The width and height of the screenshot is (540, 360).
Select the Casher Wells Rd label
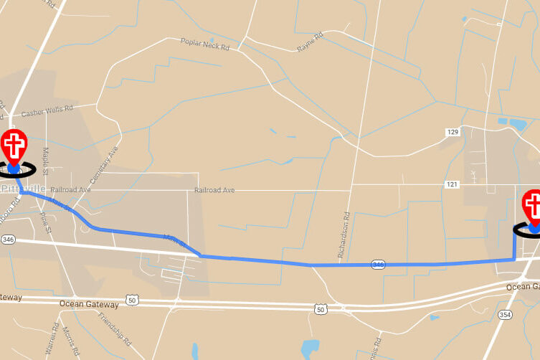(47, 113)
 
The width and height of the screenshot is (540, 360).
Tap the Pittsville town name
(23, 188)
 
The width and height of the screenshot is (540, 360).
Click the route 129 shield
(452, 132)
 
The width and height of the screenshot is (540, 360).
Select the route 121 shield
(451, 184)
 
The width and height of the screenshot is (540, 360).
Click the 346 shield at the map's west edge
(8, 238)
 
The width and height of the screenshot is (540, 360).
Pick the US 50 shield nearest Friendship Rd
(131, 300)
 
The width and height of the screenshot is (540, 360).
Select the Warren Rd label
(50, 342)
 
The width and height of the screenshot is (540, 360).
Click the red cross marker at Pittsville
(13, 148)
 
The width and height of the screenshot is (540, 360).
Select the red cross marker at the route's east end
(532, 207)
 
